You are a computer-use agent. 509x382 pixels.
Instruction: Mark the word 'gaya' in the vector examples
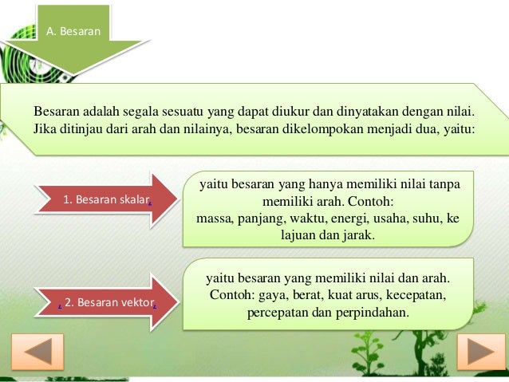point(269,295)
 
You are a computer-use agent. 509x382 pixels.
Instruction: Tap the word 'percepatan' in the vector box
point(279,312)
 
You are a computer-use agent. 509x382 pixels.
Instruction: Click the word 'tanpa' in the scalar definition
point(443,183)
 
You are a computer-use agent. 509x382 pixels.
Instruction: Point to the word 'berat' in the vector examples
point(304,295)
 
